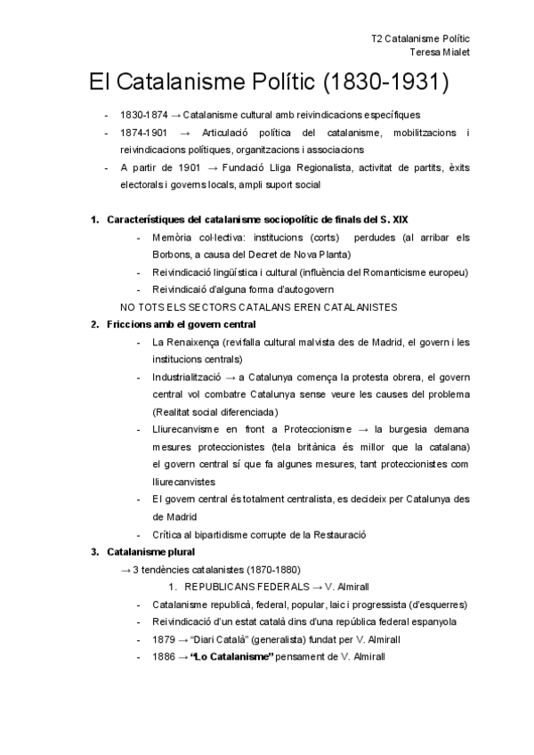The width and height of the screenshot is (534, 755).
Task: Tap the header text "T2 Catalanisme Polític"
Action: coord(421,39)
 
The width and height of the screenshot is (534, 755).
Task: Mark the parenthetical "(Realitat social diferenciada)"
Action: coord(215,411)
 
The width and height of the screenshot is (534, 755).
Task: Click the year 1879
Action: coord(164,639)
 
